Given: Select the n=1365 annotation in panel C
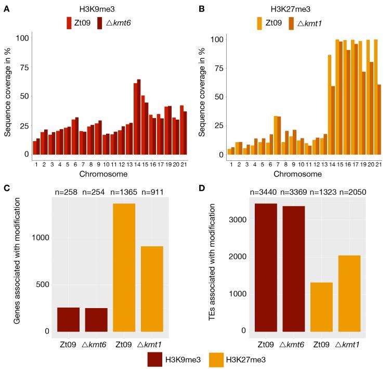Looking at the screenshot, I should point(124,193).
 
